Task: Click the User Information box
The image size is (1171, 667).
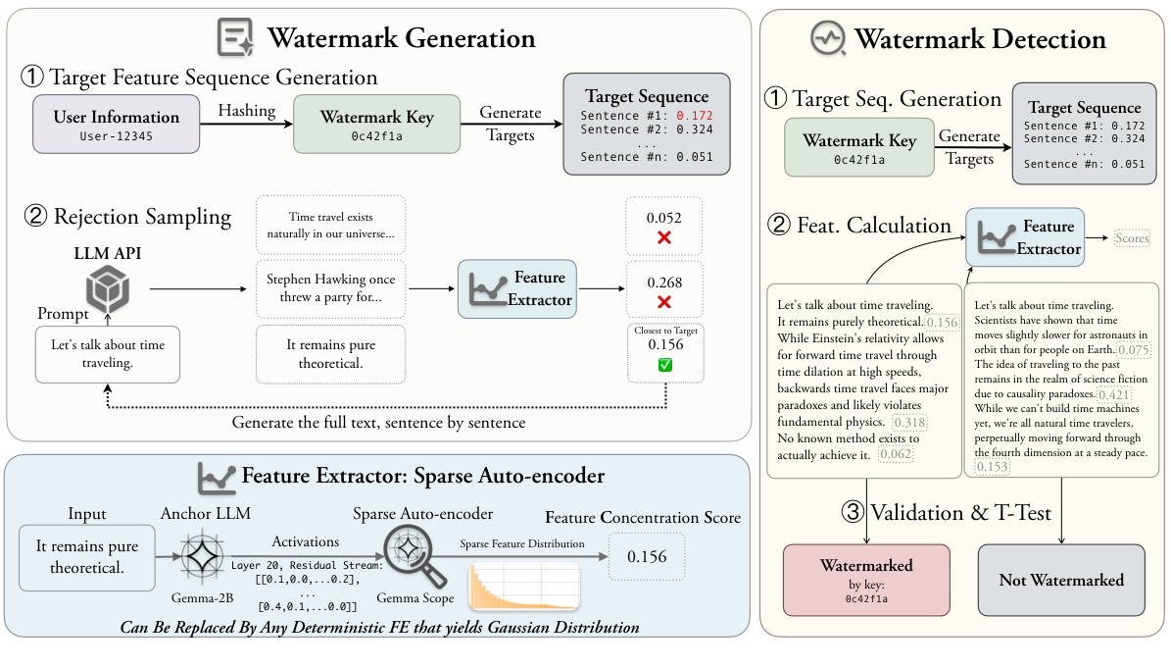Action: (x=116, y=124)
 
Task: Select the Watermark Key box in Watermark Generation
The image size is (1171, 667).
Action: (x=376, y=124)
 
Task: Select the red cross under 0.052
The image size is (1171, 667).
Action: (x=664, y=238)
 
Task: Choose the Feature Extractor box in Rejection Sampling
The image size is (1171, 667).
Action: (x=517, y=289)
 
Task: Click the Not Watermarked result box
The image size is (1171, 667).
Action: (x=1061, y=580)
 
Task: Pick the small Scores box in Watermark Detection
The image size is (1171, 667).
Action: (x=1131, y=238)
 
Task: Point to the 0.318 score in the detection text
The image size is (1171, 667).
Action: (x=910, y=423)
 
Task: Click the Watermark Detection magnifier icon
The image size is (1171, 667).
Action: (x=826, y=39)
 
